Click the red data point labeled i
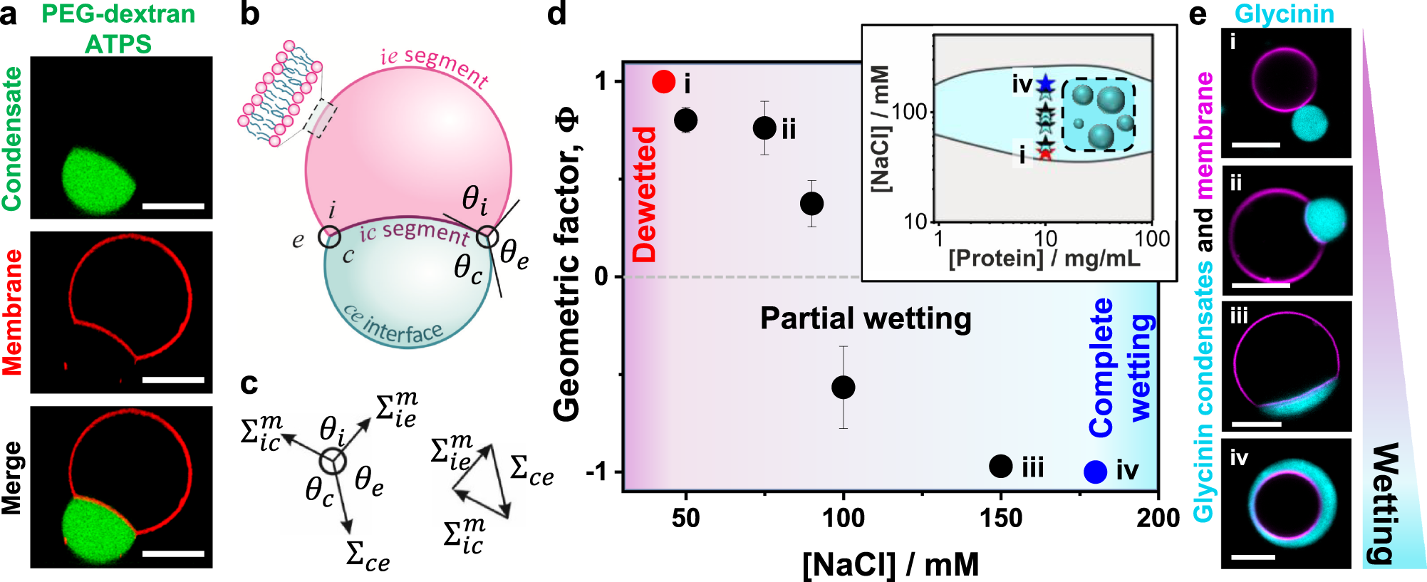(x=663, y=81)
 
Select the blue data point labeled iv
(x=1095, y=472)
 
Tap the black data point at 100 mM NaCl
(x=844, y=388)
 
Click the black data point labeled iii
(x=1001, y=467)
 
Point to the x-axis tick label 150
(x=1001, y=518)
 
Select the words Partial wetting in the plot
(x=865, y=318)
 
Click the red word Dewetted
(x=645, y=194)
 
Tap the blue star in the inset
(x=1045, y=85)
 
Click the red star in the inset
(x=1045, y=152)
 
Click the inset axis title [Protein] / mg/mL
(x=1044, y=258)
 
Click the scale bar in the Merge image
(x=173, y=554)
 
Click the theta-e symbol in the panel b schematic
(x=514, y=254)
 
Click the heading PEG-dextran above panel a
(x=118, y=14)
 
